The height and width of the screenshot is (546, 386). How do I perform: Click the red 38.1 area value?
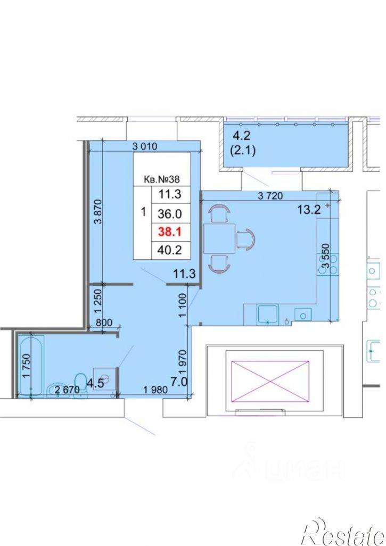170,231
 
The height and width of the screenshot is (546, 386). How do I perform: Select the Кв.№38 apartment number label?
162,179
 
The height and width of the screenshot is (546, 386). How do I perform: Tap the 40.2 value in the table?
170,250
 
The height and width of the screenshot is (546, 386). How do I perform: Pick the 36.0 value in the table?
170,213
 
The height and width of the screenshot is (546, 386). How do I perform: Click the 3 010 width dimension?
145,146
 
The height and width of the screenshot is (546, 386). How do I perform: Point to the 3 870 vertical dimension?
98,211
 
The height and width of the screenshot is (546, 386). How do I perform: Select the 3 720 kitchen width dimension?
270,196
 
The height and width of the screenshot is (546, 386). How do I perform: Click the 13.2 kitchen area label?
309,210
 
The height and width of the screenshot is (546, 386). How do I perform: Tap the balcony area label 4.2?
242,136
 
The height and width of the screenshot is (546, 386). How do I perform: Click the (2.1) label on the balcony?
243,151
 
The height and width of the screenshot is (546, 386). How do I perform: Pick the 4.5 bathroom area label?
95,383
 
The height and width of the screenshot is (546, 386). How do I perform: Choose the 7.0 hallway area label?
179,382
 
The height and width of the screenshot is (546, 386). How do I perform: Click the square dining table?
219,239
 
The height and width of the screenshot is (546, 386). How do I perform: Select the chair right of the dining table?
246,239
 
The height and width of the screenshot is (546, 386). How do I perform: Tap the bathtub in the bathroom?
31,366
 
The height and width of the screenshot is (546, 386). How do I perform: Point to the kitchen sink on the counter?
268,315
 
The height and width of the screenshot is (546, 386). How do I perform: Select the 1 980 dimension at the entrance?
155,390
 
